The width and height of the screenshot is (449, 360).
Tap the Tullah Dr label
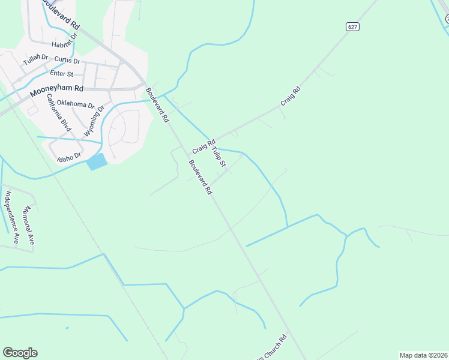point(35,60)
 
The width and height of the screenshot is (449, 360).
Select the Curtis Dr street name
point(67,61)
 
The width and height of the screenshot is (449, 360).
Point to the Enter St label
point(61,74)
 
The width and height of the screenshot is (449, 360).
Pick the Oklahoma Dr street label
point(76,104)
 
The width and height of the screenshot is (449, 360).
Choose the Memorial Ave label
point(29,225)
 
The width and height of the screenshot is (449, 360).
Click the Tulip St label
point(218,155)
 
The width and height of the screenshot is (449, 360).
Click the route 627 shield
point(352,26)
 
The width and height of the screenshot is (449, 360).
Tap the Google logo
point(20,353)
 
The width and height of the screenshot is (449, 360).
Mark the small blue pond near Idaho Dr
point(97,161)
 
